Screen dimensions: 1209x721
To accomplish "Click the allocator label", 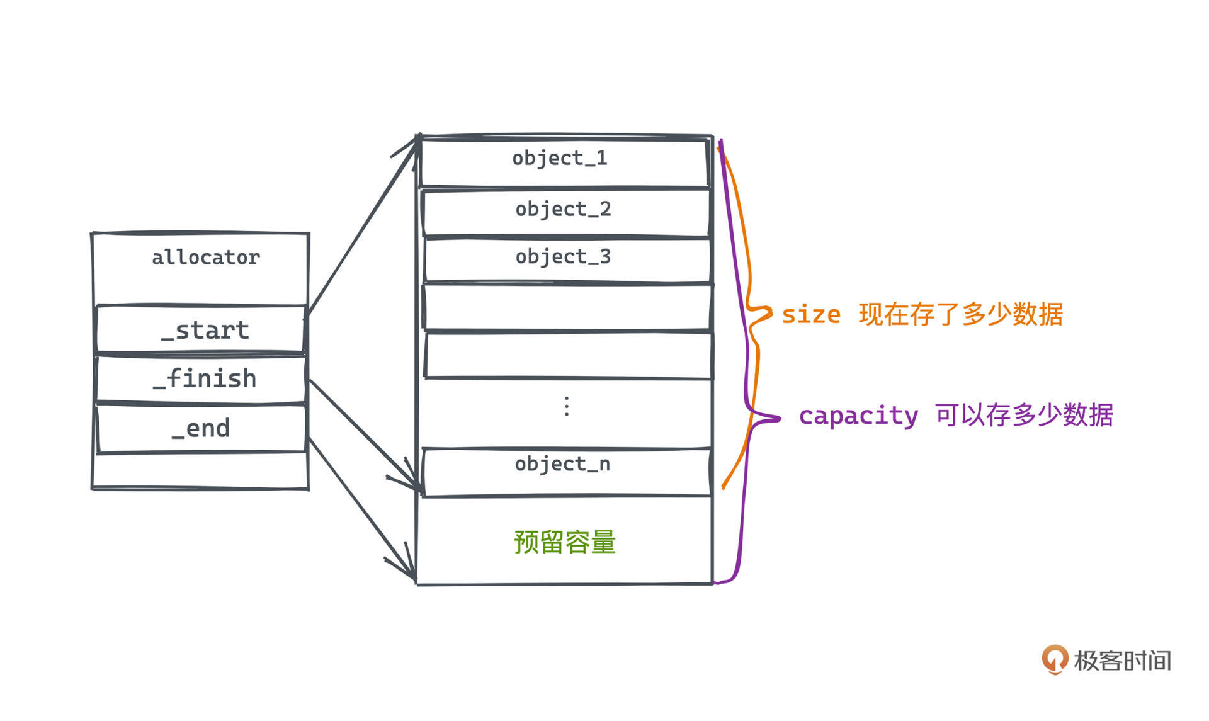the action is tap(206, 258).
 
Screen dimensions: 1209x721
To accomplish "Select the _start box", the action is tap(201, 329).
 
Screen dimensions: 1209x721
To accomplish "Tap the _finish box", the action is tap(201, 379).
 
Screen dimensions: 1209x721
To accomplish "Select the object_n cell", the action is tap(567, 472).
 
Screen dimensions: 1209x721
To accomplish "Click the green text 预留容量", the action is tap(565, 542).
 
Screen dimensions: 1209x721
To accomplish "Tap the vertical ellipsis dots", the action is tap(567, 407).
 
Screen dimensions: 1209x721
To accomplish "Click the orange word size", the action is tap(811, 314).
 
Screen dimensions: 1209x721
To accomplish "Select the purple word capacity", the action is tap(859, 416).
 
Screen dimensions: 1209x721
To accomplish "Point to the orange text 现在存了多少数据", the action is tap(961, 314).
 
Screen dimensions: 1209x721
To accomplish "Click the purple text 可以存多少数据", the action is tap(1025, 415).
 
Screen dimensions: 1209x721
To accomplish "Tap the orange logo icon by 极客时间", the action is tap(1055, 659).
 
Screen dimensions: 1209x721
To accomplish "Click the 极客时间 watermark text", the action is tap(1122, 661).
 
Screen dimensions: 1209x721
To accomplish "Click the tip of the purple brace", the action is tap(780, 418).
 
